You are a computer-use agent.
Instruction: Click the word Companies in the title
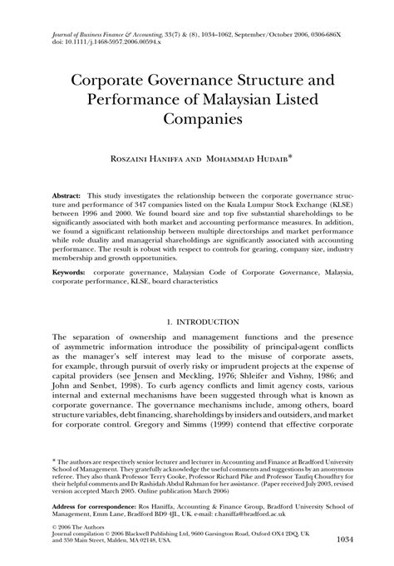coord(196,118)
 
